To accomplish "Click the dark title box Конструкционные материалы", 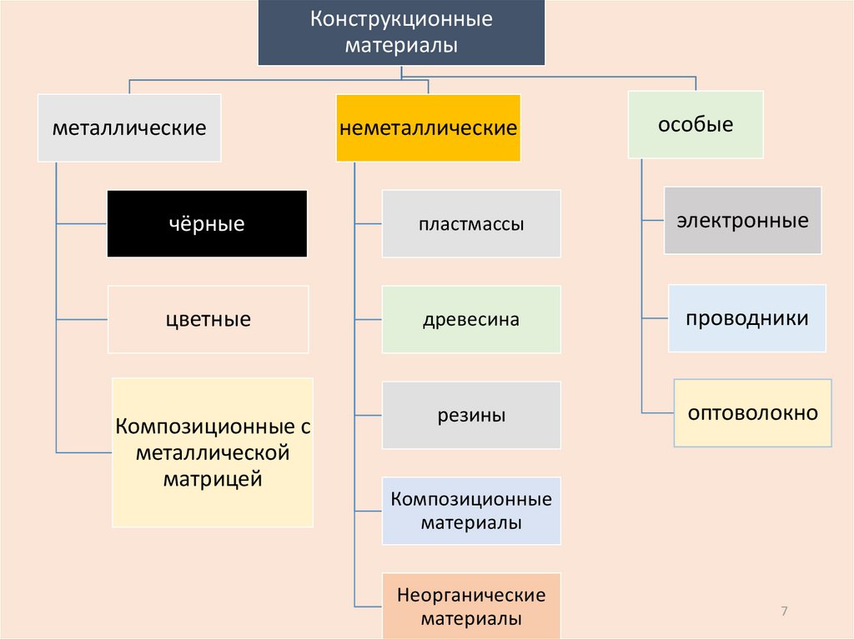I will (x=401, y=32).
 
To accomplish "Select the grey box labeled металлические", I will (x=129, y=128).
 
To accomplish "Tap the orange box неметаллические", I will (x=428, y=128).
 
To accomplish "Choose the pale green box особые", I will (x=696, y=125).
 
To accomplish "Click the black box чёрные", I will (x=207, y=223).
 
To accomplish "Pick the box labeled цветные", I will (x=208, y=319).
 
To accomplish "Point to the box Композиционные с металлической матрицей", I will (x=213, y=452).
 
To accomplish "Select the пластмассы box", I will (x=471, y=223).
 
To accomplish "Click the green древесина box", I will (x=471, y=319).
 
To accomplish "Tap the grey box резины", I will (x=471, y=415).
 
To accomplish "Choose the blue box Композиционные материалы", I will (x=471, y=511).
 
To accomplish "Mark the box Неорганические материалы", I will (x=471, y=606).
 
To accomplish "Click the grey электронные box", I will (x=742, y=221).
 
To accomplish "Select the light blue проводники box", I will (x=746, y=318).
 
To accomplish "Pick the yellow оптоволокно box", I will (x=752, y=413).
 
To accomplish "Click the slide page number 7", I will (x=784, y=612).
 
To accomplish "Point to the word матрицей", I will (x=213, y=479).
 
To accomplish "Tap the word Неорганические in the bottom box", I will (x=471, y=596).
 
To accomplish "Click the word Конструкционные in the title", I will (x=401, y=19).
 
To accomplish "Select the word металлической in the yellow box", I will (x=213, y=453).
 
